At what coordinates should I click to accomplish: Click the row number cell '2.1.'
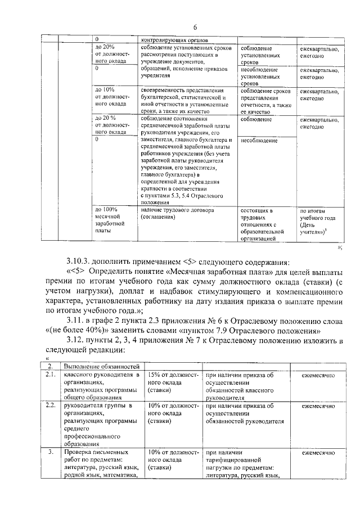click(x=50, y=375)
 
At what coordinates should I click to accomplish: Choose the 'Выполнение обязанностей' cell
click(x=101, y=367)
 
